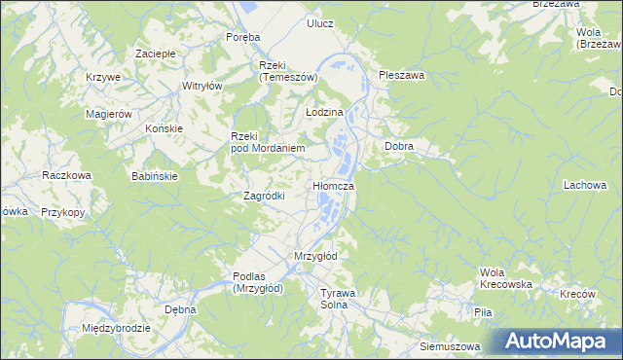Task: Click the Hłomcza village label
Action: click(x=332, y=185)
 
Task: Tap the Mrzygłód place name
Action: click(x=314, y=256)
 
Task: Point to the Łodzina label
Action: click(x=324, y=113)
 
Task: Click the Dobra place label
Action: click(x=399, y=146)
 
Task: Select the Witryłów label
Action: click(x=202, y=86)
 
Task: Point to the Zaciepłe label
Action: click(x=155, y=53)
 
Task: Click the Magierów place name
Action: click(x=109, y=114)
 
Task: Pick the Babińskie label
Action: click(x=154, y=176)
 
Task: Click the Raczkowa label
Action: click(x=66, y=175)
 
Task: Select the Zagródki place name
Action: click(x=263, y=195)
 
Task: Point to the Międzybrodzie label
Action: click(x=116, y=328)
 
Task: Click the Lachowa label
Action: click(x=584, y=184)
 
